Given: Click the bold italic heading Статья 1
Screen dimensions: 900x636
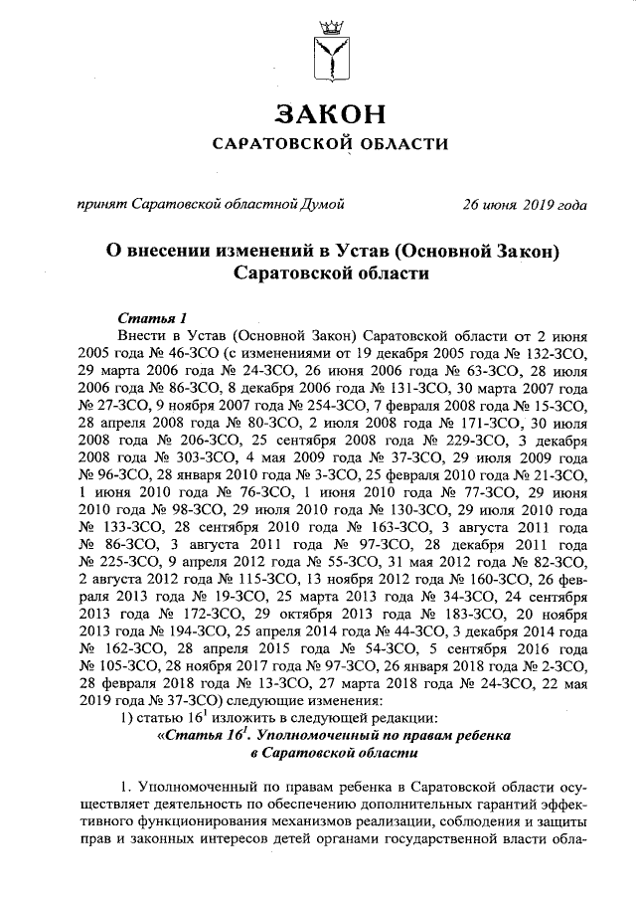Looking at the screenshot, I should tap(152, 317).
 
